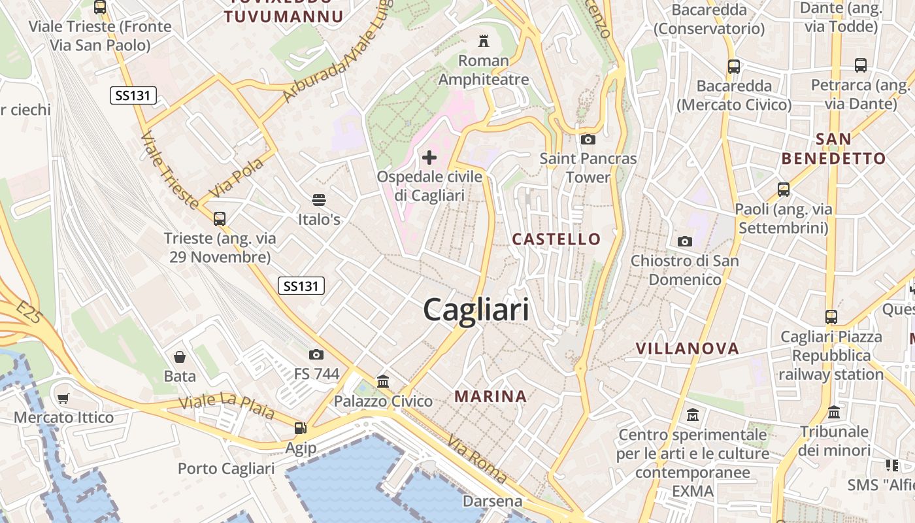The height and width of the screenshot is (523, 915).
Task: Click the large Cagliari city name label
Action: [x=476, y=309]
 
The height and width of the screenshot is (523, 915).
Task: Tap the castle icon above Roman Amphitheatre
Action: [x=484, y=41]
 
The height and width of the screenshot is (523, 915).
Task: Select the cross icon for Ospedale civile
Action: [x=429, y=157]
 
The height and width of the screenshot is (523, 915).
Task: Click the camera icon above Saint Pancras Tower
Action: [x=588, y=139]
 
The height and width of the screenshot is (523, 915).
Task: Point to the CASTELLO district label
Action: [x=556, y=239]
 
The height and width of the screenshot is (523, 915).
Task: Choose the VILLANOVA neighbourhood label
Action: [x=687, y=348]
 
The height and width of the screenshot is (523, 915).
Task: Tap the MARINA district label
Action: [x=491, y=396]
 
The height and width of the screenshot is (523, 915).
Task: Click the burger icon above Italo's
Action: [x=319, y=199]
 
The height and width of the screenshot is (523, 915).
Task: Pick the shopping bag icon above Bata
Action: [x=180, y=357]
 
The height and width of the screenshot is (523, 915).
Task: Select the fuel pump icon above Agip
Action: [x=301, y=428]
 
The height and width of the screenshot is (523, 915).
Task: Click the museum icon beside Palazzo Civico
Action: [x=383, y=381]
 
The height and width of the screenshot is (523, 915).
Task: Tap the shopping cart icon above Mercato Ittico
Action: [x=63, y=398]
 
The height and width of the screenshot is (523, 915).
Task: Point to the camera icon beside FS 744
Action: [x=316, y=354]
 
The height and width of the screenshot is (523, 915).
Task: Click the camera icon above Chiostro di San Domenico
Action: [x=684, y=241]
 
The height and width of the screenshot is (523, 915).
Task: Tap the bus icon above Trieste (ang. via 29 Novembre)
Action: [x=220, y=218]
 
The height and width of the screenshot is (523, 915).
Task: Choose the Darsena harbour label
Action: [x=492, y=501]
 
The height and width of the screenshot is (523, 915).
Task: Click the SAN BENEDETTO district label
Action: [x=833, y=148]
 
